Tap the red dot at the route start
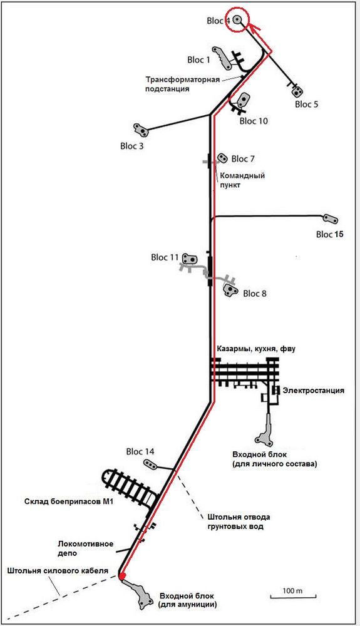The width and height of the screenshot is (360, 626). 122,575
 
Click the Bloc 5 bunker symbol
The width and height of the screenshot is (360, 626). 297,91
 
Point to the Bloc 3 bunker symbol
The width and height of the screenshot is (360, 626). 140,130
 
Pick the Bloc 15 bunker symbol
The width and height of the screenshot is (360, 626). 331,218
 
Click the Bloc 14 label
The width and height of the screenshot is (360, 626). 140,452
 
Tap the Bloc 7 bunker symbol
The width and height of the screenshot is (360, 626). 222,158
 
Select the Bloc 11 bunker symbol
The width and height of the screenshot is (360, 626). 190,259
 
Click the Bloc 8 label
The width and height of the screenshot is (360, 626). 255,294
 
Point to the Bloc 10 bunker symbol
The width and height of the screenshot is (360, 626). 243,99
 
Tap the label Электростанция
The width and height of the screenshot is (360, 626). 313,391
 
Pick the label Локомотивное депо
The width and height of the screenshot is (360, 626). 85,548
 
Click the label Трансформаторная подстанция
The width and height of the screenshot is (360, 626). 182,84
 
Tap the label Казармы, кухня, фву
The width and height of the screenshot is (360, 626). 256,349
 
